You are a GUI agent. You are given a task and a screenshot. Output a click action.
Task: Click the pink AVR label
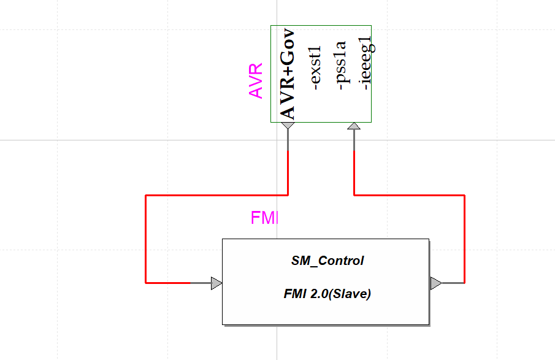pos(256,80)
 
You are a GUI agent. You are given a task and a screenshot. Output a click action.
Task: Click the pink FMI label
pos(264,218)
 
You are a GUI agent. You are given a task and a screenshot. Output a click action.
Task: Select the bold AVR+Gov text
pos(287,74)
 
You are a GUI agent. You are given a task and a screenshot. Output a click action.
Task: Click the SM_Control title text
pos(327,261)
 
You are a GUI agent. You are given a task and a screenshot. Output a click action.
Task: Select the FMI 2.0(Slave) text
pos(327,294)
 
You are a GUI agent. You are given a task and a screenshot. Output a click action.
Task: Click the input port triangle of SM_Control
pos(216,283)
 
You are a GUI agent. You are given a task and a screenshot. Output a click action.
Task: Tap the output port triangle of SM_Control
pos(435,283)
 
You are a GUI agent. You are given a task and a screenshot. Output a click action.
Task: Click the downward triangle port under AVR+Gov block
pos(288,126)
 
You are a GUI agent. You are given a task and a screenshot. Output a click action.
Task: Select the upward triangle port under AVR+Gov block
pos(354,126)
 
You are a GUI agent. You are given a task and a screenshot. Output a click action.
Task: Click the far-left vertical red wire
pos(145,239)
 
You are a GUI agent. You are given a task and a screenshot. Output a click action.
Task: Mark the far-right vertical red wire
pos(464,239)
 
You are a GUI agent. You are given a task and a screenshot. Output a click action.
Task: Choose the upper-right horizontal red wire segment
pos(409,195)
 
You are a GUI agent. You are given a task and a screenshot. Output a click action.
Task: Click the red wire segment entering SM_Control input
pos(167,283)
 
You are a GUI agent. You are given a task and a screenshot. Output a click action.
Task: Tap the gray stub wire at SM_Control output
pos(453,283)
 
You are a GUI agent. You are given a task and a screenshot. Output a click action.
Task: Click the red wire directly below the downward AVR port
pos(288,172)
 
